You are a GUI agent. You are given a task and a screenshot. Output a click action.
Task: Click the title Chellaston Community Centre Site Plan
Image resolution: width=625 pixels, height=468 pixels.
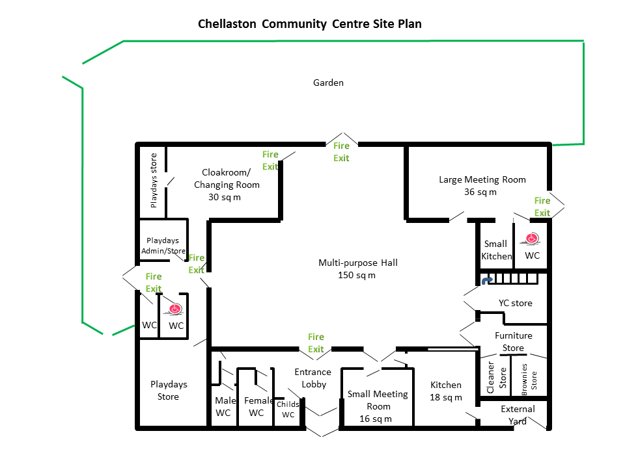[309, 24]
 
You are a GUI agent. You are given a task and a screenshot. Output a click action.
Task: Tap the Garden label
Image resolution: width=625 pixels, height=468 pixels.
[328, 83]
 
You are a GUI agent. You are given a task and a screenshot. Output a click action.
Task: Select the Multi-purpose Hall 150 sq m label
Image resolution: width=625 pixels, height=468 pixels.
[357, 268]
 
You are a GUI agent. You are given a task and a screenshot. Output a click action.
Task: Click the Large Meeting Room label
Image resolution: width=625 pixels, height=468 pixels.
[482, 185]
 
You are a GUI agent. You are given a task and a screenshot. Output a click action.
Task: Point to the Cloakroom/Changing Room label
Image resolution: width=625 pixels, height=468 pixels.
[226, 185]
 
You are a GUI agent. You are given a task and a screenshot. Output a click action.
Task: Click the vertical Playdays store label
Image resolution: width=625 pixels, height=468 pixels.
[154, 180]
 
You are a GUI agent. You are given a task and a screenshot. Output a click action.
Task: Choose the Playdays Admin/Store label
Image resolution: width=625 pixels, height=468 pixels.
[163, 246]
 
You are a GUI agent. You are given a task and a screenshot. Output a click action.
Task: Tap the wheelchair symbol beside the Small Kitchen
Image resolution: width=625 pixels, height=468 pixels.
[532, 238]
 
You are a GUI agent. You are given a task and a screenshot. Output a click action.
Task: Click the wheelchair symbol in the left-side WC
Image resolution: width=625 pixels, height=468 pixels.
[174, 308]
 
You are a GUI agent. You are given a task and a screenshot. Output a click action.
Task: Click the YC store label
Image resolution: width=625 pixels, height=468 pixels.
[515, 303]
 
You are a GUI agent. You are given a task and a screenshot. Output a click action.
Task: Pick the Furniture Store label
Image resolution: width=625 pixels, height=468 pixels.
[513, 341]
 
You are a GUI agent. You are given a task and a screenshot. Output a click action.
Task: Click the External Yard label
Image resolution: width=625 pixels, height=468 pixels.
[518, 415]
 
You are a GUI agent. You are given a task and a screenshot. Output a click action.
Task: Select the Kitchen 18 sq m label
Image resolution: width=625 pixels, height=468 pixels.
[446, 391]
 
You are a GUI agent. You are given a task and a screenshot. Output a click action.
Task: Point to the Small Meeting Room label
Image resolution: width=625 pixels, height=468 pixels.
[378, 406]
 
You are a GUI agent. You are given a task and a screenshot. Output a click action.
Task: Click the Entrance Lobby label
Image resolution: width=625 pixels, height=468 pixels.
[313, 378]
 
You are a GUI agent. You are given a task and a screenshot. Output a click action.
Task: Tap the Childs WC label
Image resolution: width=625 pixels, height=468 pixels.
[288, 409]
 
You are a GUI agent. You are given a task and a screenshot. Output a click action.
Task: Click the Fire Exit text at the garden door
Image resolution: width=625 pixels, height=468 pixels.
[341, 152]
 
